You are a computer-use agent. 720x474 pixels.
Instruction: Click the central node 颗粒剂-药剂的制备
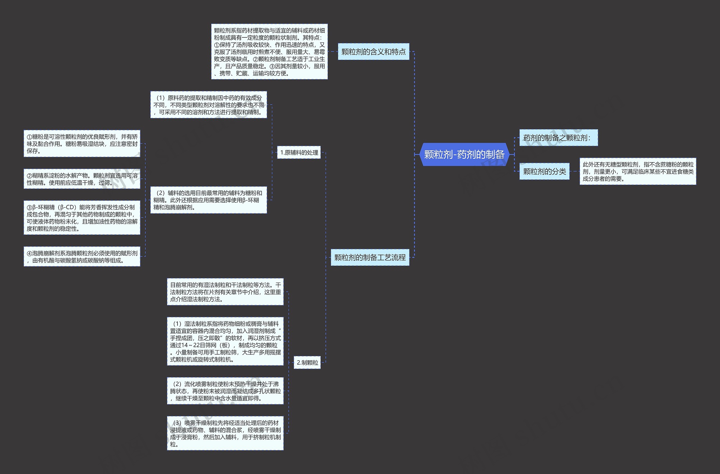coord(464,154)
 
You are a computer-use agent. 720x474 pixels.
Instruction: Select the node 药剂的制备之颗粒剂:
coord(558,138)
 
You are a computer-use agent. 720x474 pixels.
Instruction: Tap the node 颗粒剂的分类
coord(544,171)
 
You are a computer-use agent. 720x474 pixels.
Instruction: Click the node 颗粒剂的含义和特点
coord(373,52)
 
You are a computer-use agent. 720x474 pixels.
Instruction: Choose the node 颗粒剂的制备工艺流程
coord(370,257)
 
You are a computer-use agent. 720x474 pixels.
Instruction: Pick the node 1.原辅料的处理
coord(299,153)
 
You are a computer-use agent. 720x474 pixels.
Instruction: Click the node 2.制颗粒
coord(307,362)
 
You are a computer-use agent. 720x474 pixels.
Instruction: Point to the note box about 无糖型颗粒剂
coord(638,171)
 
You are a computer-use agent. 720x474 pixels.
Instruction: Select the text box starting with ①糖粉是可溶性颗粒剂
coord(82,144)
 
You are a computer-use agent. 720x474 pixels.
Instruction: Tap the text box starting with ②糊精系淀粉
coord(82,179)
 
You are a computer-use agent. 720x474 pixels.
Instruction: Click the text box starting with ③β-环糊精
coord(82,218)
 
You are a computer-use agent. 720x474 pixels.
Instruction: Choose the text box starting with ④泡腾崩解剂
coord(82,257)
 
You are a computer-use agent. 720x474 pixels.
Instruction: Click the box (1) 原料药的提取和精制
coord(208,105)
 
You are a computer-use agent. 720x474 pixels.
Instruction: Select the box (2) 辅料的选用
coord(208,200)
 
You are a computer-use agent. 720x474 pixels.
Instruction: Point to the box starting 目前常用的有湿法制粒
coord(225,292)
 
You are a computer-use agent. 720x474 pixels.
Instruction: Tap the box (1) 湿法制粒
coord(225,341)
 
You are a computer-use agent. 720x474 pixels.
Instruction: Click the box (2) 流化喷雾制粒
coord(225,391)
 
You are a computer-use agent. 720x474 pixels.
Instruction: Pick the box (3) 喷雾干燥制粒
coord(225,433)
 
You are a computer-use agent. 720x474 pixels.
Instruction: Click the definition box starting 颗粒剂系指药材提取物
coord(269,52)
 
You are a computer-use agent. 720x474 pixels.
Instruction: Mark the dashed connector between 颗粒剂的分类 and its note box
coord(575,171)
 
